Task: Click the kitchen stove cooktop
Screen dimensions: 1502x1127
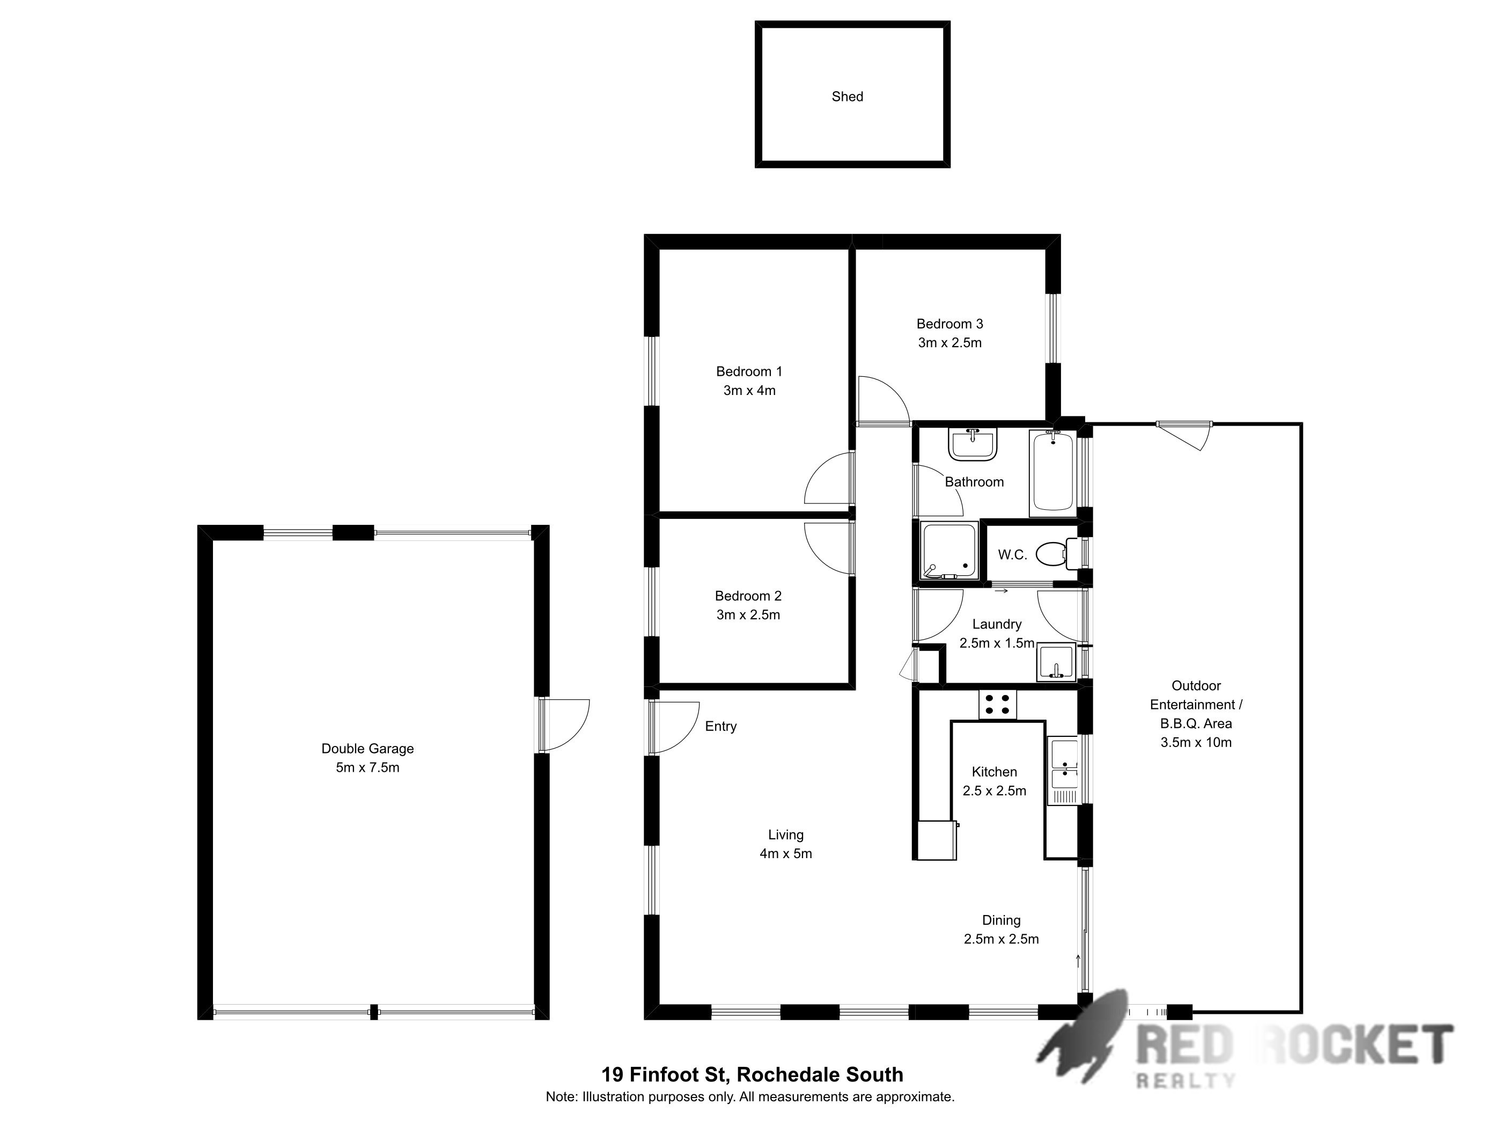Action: (x=997, y=704)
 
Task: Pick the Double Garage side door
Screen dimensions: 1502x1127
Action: (x=564, y=725)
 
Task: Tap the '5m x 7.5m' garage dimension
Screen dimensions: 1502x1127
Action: (x=367, y=767)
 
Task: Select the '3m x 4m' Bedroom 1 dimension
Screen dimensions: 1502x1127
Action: (x=749, y=391)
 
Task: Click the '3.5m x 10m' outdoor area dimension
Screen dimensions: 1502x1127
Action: (x=1196, y=743)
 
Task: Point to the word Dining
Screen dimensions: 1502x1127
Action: (x=1001, y=920)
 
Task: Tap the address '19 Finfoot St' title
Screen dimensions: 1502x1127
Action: (x=666, y=1075)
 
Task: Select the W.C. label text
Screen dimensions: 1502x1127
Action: (x=1012, y=555)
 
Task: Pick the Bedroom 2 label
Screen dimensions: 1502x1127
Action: (x=748, y=596)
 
